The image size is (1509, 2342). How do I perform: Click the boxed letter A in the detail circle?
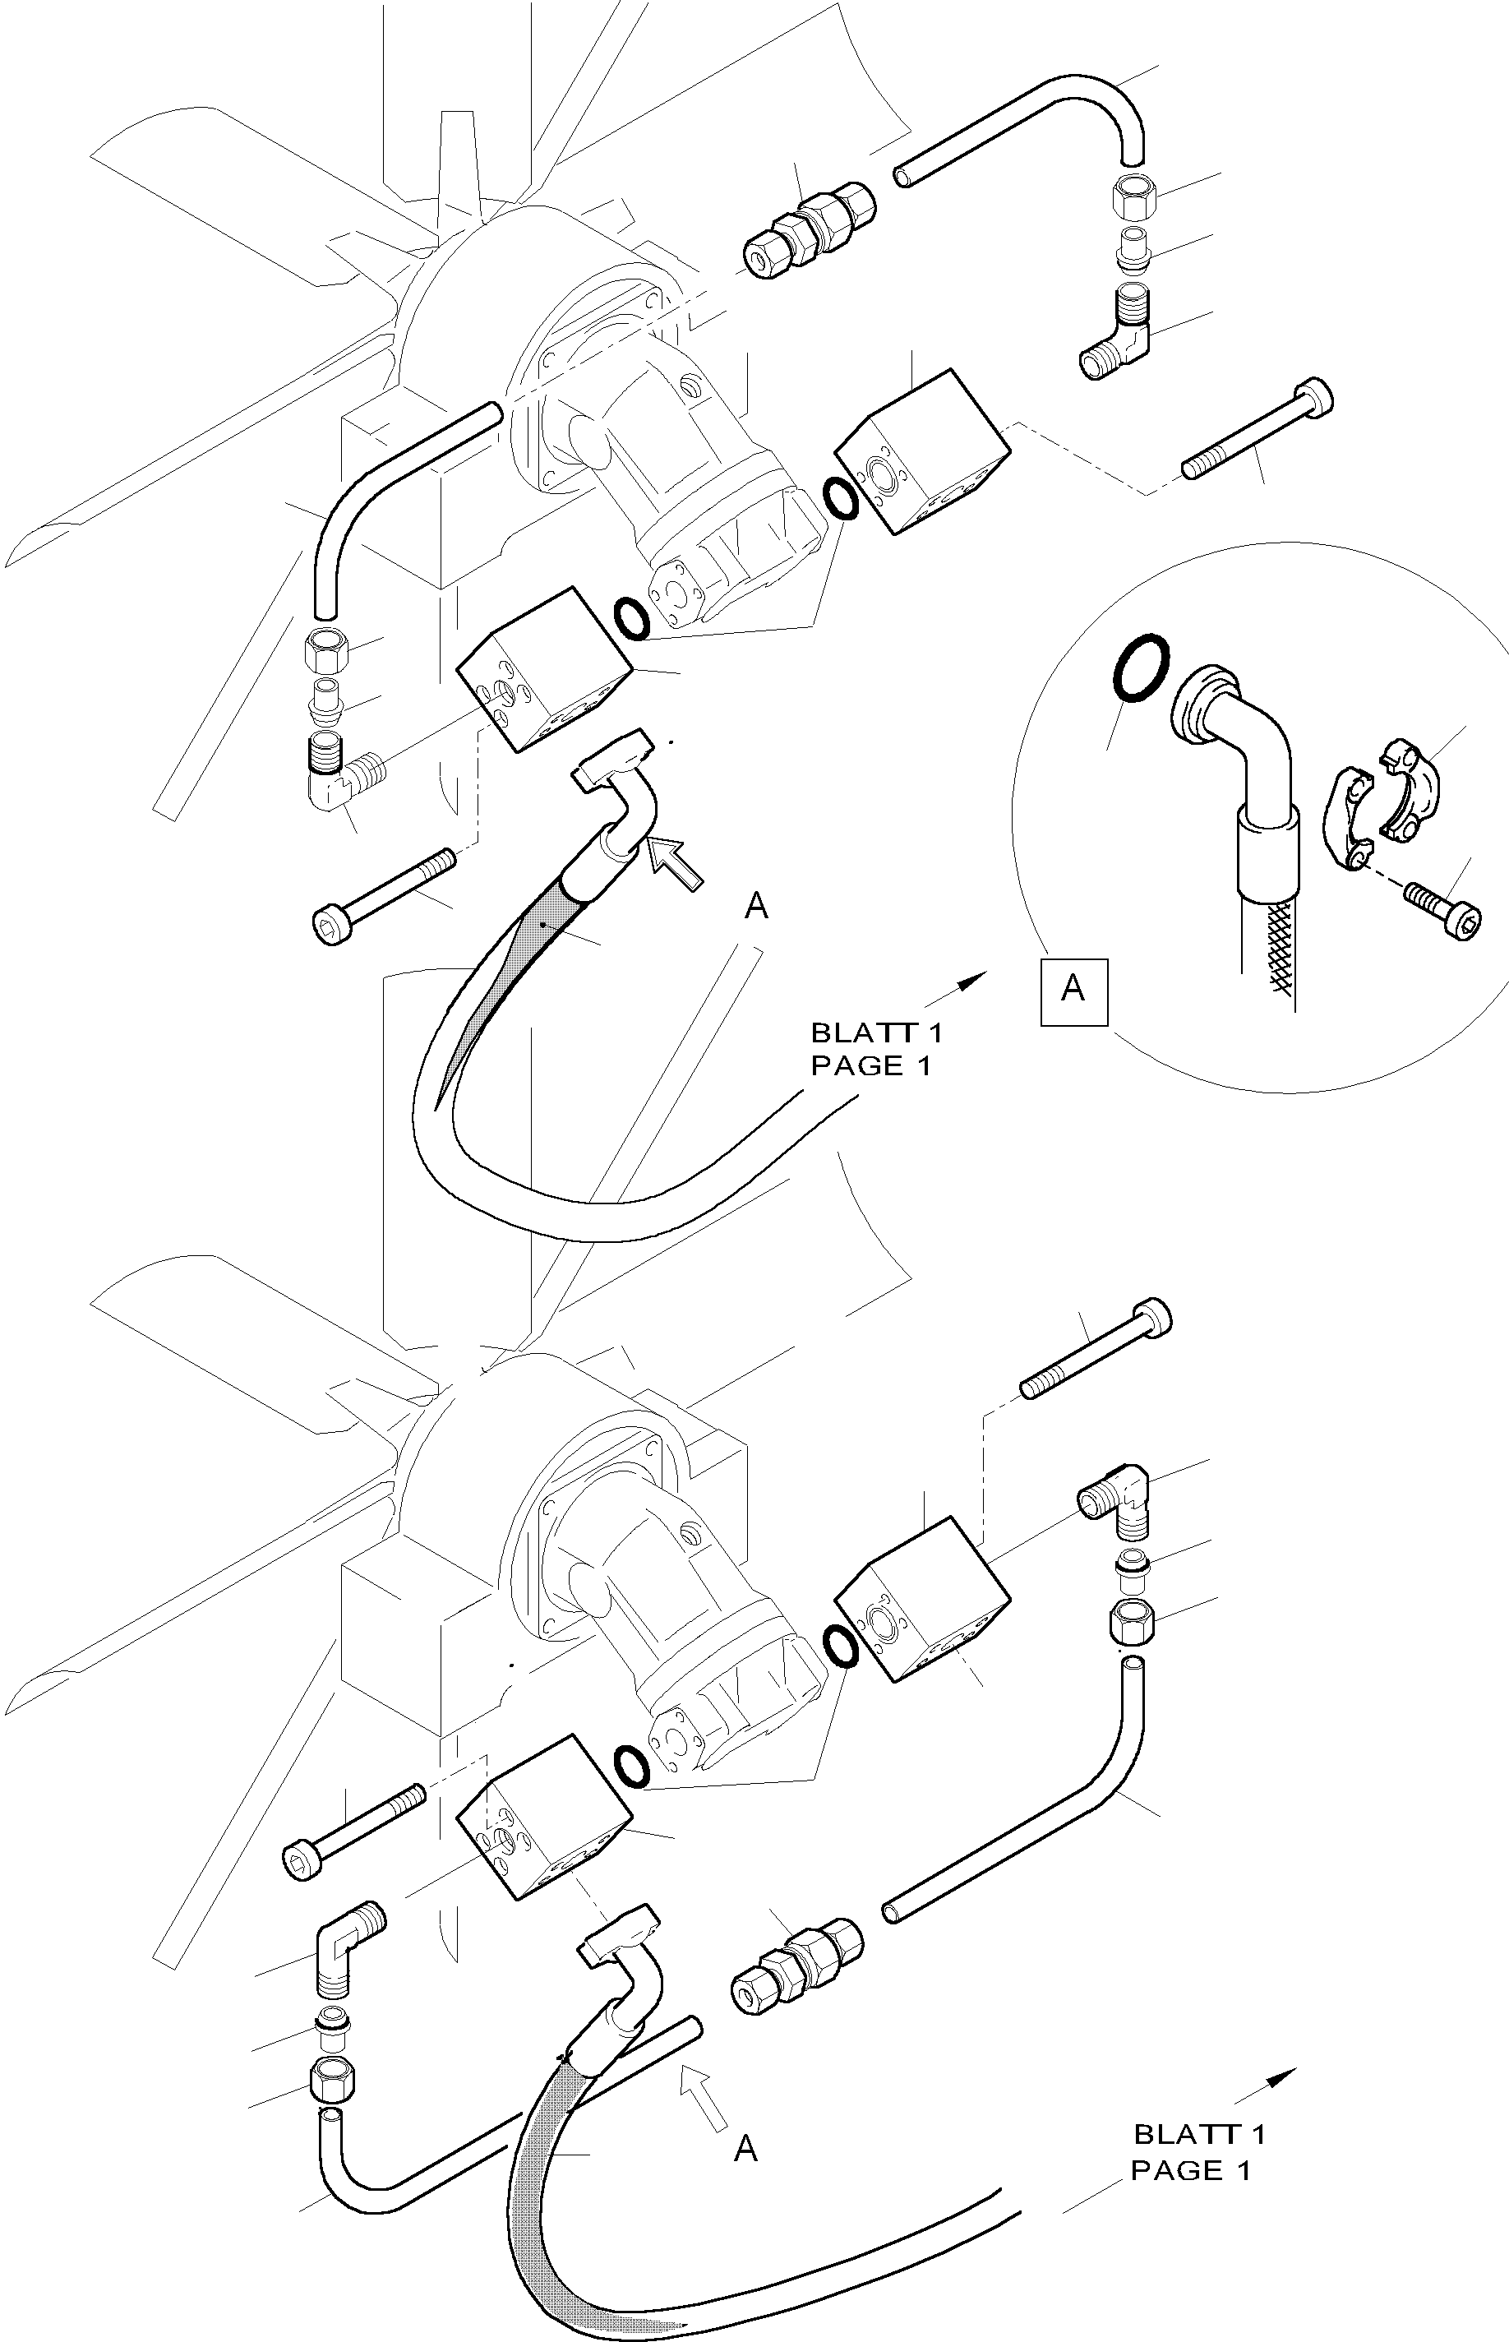click(x=1074, y=990)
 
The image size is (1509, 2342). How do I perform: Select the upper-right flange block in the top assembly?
click(x=921, y=453)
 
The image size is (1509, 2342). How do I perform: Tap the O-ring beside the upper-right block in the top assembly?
click(x=841, y=498)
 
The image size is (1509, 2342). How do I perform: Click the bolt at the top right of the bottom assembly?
click(x=1096, y=1351)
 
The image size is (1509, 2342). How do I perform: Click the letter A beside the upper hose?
click(x=755, y=908)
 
